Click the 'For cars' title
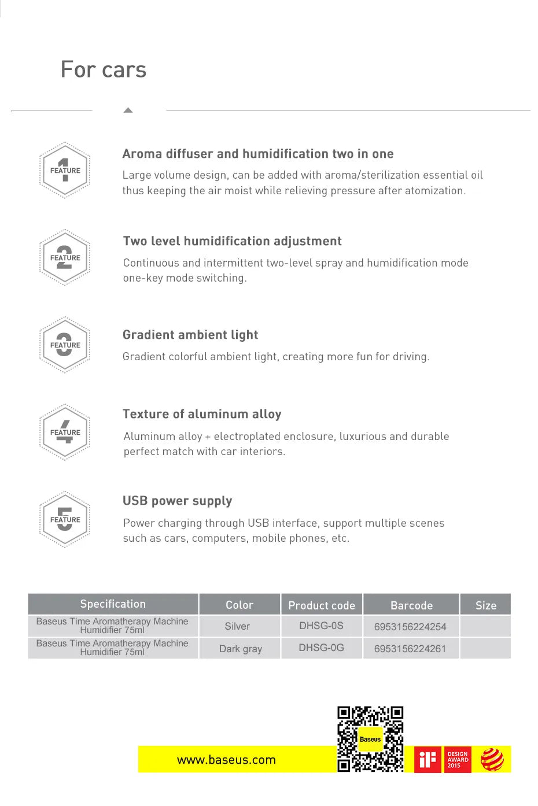[104, 70]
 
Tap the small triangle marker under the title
[128, 110]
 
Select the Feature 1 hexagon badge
[65, 171]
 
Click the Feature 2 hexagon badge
[65, 258]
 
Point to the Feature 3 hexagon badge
[65, 345]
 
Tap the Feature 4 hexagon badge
[65, 432]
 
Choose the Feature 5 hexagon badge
[65, 519]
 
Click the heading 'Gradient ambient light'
[190, 335]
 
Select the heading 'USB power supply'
[177, 501]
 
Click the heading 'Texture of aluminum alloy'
[202, 414]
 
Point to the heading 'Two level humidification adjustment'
[232, 241]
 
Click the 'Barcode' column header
[411, 605]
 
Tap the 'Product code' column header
[322, 605]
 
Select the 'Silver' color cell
[237, 626]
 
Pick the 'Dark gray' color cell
[240, 649]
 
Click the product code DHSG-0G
[321, 648]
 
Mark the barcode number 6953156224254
[410, 627]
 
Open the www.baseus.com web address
[226, 760]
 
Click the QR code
[370, 739]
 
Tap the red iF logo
[428, 759]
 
